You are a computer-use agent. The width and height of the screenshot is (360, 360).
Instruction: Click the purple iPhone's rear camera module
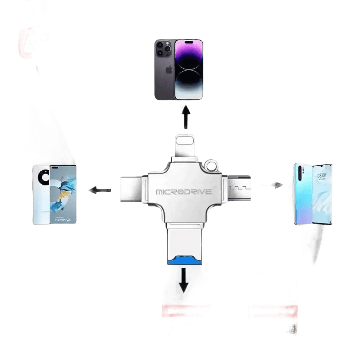(163, 49)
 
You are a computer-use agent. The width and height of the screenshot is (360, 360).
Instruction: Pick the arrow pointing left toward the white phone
(100, 190)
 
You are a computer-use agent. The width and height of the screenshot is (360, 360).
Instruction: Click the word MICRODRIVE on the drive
(184, 192)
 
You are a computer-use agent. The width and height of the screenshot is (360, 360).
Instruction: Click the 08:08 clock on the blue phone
(321, 176)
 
